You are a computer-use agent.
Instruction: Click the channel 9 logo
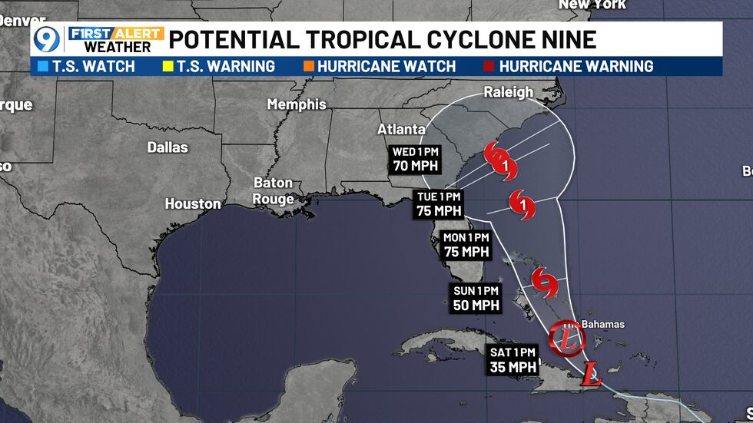pyautogui.click(x=48, y=38)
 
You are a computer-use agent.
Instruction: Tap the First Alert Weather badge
pyautogui.click(x=116, y=38)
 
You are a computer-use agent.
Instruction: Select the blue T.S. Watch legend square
pyautogui.click(x=40, y=67)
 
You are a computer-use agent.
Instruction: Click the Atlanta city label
pyautogui.click(x=401, y=129)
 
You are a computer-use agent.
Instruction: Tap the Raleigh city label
pyautogui.click(x=508, y=92)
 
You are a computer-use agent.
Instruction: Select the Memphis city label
pyautogui.click(x=297, y=104)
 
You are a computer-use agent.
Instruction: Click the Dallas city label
pyautogui.click(x=168, y=147)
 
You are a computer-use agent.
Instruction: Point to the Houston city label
pyautogui.click(x=193, y=204)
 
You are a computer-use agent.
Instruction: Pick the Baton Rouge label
pyautogui.click(x=274, y=191)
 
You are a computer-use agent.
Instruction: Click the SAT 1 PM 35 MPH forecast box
pyautogui.click(x=513, y=359)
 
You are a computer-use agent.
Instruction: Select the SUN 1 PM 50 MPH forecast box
pyautogui.click(x=476, y=298)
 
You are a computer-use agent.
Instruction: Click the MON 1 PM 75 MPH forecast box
pyautogui.click(x=466, y=245)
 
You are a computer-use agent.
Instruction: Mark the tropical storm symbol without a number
pyautogui.click(x=545, y=283)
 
